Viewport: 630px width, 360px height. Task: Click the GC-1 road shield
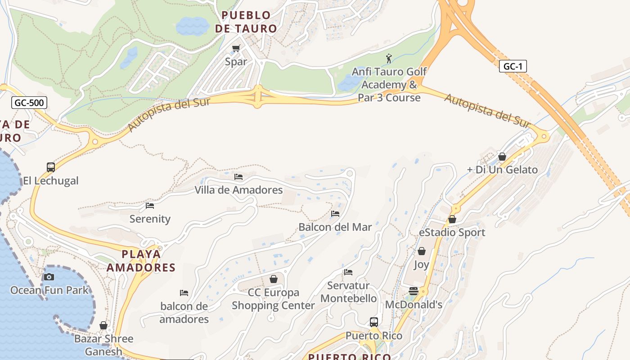[513, 67]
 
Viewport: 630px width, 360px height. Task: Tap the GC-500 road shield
[29, 103]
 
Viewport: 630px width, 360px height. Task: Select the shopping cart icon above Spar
[236, 48]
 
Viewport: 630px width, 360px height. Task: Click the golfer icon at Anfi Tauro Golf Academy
[389, 58]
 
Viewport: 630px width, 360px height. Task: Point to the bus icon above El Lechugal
[51, 167]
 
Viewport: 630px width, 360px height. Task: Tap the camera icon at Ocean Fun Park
[49, 277]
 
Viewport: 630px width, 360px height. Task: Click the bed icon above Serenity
[150, 206]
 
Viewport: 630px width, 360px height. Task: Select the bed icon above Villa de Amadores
[238, 177]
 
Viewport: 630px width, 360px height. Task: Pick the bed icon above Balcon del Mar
[335, 214]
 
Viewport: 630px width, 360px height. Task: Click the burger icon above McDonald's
[414, 291]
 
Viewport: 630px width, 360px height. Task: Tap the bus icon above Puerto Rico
[374, 322]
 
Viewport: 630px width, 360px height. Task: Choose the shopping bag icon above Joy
[422, 251]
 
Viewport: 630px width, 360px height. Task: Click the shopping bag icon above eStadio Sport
[452, 219]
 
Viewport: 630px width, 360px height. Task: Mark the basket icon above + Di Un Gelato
[502, 157]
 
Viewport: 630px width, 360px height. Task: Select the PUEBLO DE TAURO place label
[246, 22]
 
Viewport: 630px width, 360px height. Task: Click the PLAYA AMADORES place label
[141, 261]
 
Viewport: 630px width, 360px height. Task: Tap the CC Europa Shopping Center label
[273, 299]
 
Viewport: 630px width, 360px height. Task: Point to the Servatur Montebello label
[348, 292]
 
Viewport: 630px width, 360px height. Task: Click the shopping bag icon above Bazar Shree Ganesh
[103, 325]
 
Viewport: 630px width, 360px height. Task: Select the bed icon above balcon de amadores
[184, 293]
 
